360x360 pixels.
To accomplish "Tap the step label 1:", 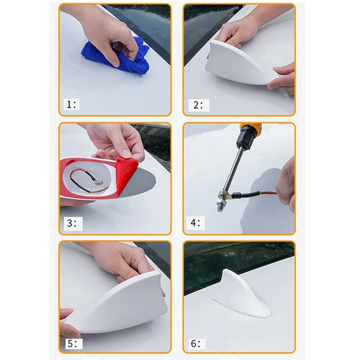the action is coord(71,104).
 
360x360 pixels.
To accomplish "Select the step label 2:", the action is coord(198,105).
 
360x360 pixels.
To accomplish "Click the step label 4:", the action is coord(195,222).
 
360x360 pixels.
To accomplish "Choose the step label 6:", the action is coord(196,344).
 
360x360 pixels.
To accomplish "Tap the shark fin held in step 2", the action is coord(239,63).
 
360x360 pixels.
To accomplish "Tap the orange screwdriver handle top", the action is coord(251,126).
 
